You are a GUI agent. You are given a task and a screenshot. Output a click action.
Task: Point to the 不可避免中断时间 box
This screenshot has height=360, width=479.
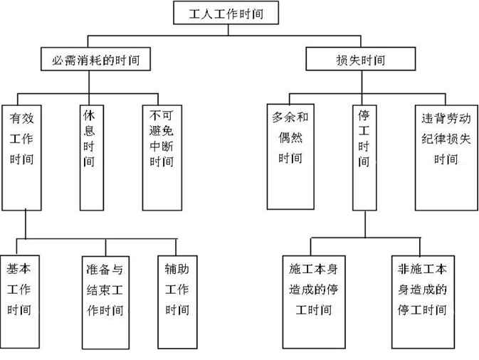tap(160, 153)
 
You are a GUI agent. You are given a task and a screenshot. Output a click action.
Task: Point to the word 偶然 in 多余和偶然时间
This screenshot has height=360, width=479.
tap(290, 137)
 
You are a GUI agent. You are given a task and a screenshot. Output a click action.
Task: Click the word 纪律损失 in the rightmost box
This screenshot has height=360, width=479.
tap(446, 137)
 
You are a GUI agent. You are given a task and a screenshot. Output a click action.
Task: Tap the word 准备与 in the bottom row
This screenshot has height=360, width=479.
tap(104, 270)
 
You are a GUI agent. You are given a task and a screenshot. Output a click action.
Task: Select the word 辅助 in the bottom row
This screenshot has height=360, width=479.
tap(177, 270)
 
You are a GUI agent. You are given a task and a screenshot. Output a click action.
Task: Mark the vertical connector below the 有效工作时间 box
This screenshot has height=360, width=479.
tap(26, 223)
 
